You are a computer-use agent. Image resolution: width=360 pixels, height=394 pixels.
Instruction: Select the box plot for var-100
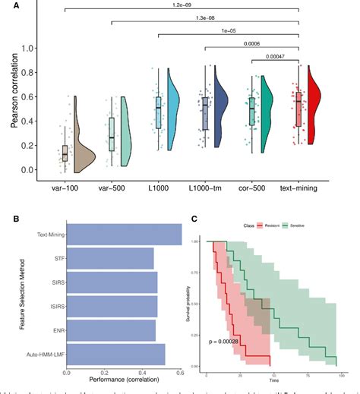[x=65, y=152]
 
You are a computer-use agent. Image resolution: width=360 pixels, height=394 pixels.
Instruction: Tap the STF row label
[x=58, y=258]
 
